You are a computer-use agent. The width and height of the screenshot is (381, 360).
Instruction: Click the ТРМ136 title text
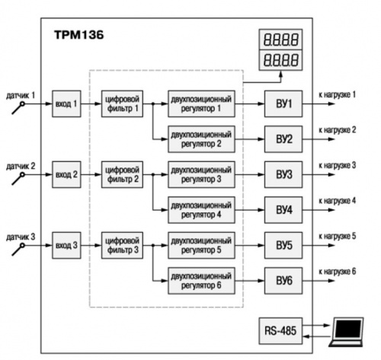(x=79, y=35)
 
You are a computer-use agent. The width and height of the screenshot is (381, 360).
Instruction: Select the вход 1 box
(x=66, y=104)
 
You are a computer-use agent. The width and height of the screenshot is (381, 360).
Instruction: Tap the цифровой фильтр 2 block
(x=122, y=174)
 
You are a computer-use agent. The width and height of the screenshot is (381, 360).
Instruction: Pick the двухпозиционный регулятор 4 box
(x=201, y=210)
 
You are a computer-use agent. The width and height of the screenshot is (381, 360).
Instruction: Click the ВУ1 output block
(x=283, y=104)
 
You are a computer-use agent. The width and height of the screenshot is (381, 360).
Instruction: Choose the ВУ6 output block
(x=283, y=281)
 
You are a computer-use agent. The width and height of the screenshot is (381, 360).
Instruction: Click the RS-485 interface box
(x=280, y=331)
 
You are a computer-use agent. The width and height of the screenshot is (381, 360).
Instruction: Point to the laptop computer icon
(x=347, y=332)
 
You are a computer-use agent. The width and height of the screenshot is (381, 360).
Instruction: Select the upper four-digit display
(x=280, y=40)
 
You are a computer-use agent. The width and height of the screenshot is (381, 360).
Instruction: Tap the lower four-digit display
(x=280, y=60)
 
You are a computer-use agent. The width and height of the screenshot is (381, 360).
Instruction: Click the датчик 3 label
(x=21, y=237)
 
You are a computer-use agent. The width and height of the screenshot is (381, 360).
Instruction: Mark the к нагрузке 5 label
(x=338, y=236)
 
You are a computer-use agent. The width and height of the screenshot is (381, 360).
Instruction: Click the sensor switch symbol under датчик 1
(x=18, y=108)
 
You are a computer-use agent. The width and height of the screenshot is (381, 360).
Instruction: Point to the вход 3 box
(x=66, y=245)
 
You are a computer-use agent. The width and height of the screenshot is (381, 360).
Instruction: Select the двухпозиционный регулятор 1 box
(x=201, y=104)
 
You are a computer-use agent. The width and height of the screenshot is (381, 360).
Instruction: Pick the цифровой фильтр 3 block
(x=122, y=245)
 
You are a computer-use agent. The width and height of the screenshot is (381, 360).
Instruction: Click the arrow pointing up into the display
(x=280, y=77)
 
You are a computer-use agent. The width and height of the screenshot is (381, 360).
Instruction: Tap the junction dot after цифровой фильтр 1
(x=153, y=104)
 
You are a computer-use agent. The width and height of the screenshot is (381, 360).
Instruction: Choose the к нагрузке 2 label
(x=338, y=130)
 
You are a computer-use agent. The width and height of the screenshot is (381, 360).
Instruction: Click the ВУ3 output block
(x=283, y=174)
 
